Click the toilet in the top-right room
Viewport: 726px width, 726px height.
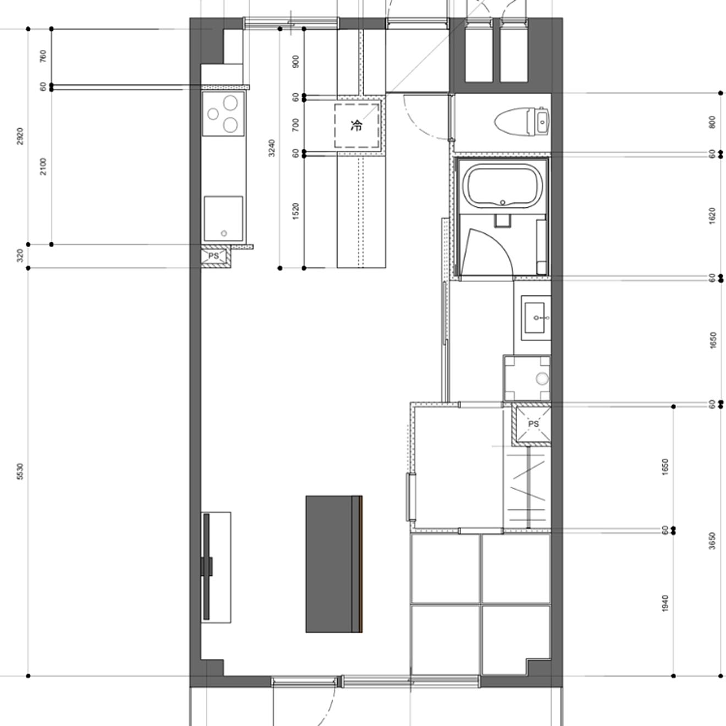[522, 122]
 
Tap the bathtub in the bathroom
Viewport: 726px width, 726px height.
[503, 186]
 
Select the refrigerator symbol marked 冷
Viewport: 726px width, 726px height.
[356, 126]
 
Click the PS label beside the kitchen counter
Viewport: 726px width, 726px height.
[213, 256]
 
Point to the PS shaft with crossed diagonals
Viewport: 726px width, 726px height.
[531, 424]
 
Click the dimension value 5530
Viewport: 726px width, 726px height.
[20, 471]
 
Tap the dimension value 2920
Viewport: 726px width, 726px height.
[20, 136]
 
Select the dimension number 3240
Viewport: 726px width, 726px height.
[272, 148]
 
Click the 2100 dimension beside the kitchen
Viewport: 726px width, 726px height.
[43, 167]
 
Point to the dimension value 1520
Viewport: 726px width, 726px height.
[296, 211]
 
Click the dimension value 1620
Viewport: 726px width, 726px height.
[712, 216]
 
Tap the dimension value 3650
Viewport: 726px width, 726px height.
[712, 541]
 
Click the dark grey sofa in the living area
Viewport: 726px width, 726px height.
[334, 564]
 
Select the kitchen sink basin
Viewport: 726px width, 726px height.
[223, 218]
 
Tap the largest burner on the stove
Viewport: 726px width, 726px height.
[230, 103]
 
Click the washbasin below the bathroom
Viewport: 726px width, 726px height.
[535, 318]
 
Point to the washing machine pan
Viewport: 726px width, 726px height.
[527, 378]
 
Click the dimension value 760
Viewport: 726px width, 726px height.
[43, 57]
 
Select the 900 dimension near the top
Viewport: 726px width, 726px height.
[296, 62]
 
